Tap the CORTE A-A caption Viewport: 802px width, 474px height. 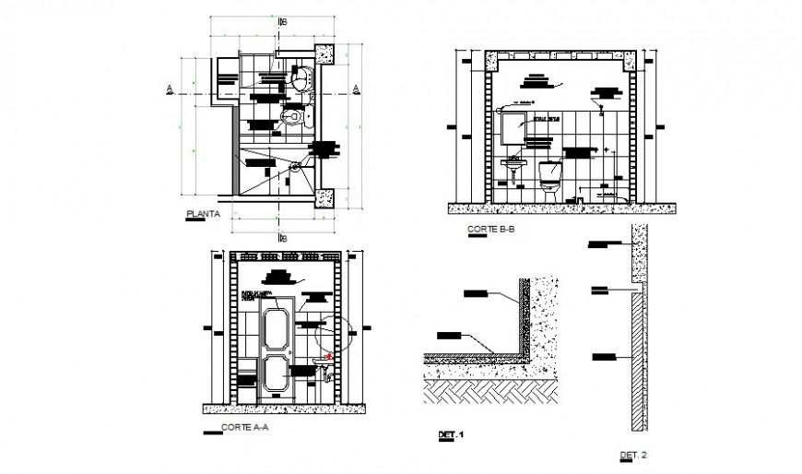pos(245,427)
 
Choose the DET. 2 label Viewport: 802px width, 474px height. pos(633,455)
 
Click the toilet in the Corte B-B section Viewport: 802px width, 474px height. pos(550,178)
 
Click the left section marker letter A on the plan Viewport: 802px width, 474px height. pos(169,89)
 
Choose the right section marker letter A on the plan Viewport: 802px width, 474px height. pos(355,89)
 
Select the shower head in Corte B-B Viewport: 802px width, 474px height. pos(602,115)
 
